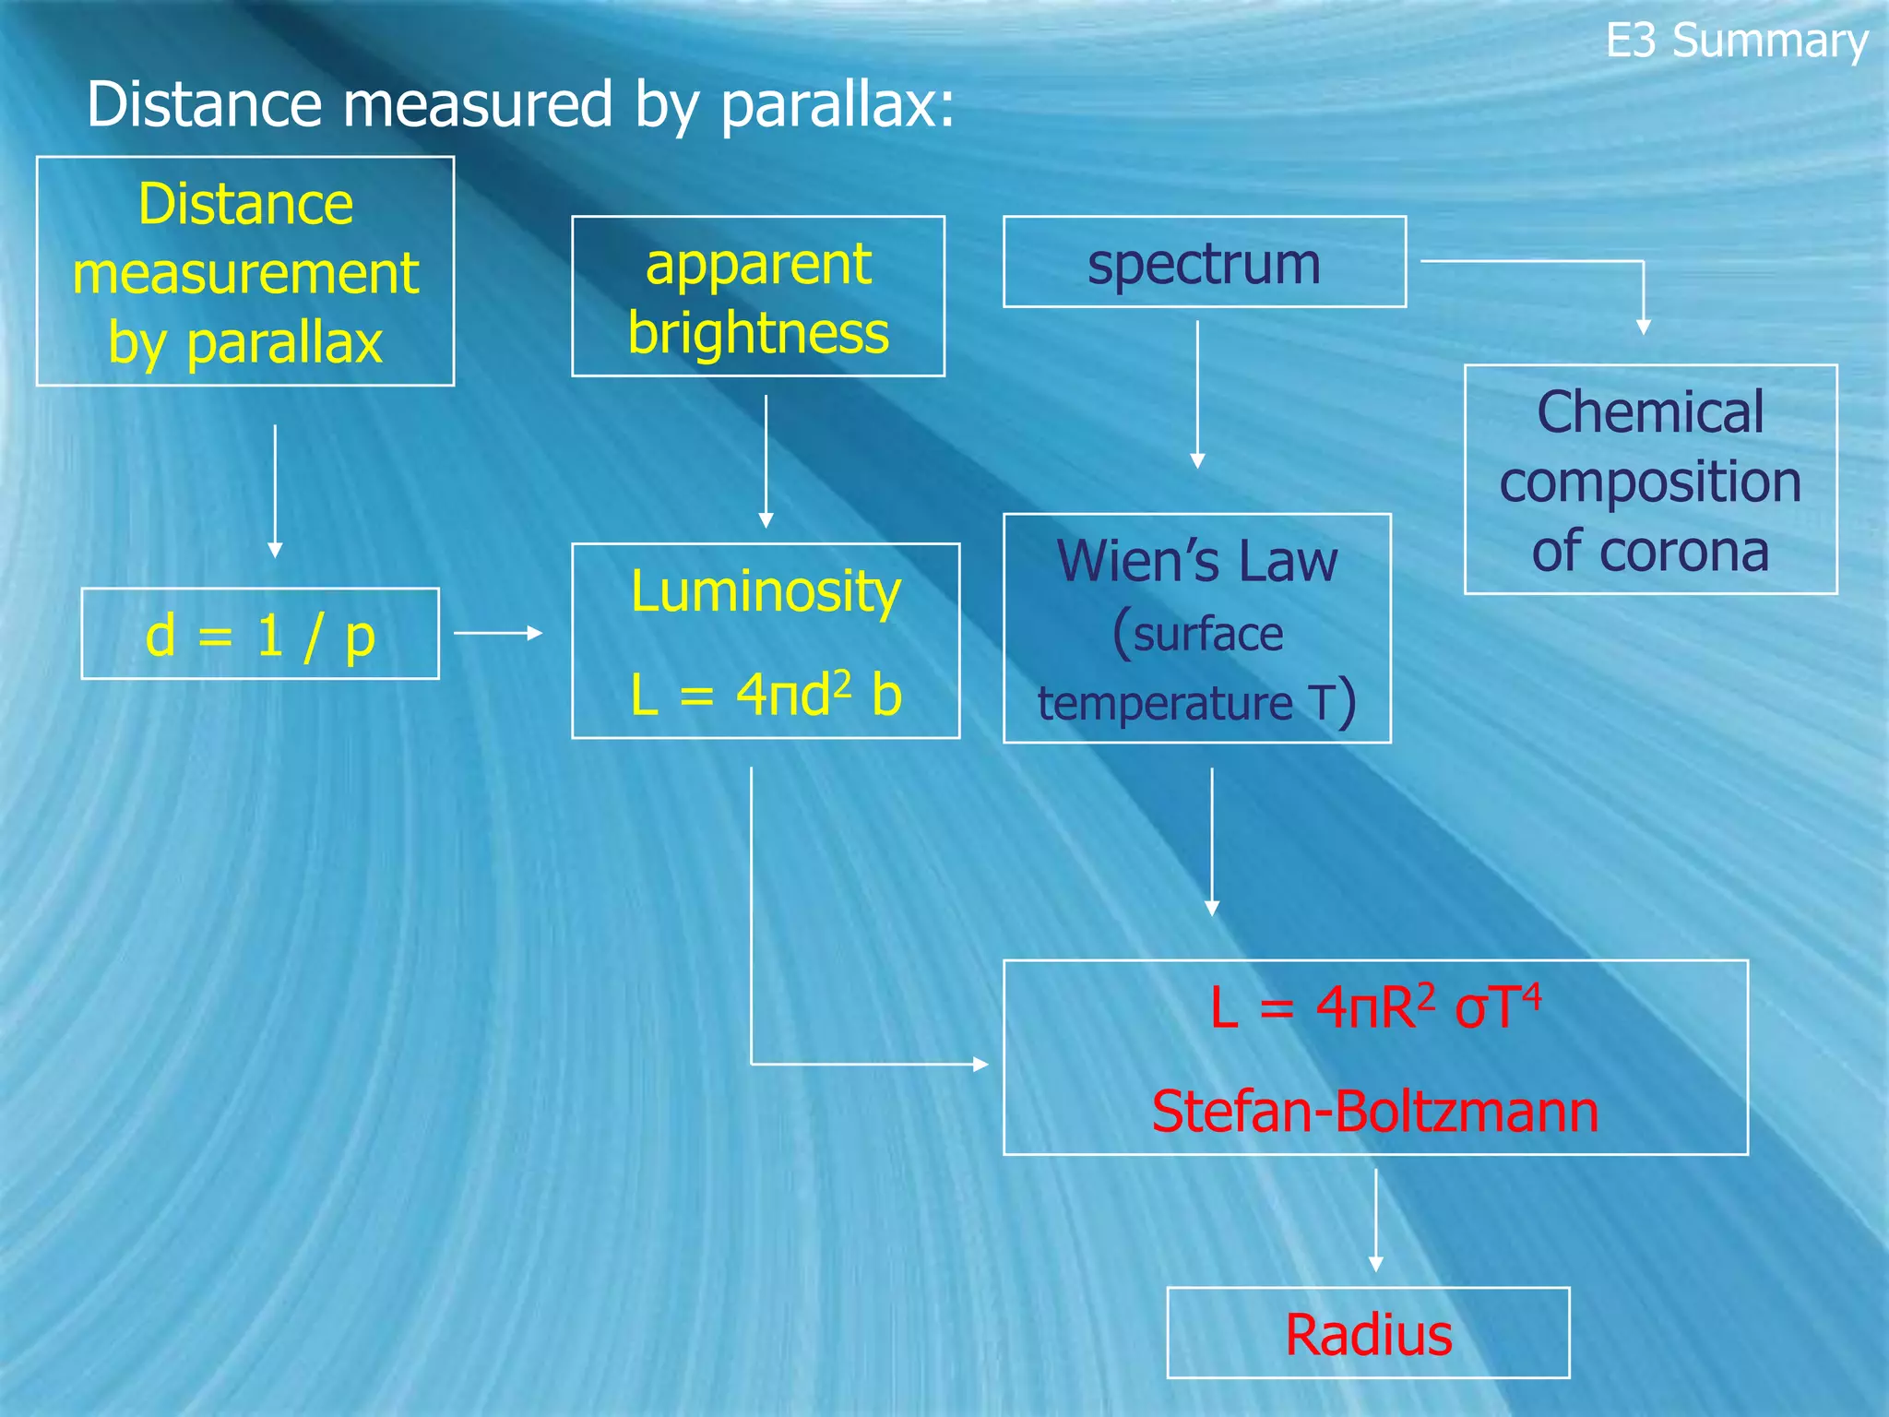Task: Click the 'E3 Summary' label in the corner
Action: coord(1736,42)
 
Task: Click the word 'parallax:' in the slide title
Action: coord(837,104)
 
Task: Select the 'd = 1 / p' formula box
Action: coord(260,635)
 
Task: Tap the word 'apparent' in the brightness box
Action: coord(758,265)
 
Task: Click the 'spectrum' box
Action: coord(1204,263)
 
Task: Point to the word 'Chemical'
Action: coord(1650,411)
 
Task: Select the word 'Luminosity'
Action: coord(766,591)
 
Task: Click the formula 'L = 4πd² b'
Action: coord(766,695)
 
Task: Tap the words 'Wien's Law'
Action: coord(1196,561)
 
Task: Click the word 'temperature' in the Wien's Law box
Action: coord(1165,703)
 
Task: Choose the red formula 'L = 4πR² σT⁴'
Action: coord(1374,1007)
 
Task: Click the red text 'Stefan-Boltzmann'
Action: coord(1374,1111)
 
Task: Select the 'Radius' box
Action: coord(1368,1334)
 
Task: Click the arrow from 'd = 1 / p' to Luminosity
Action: coord(498,633)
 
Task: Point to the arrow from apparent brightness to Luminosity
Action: coord(766,461)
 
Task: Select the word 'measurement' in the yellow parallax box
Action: coord(245,274)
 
